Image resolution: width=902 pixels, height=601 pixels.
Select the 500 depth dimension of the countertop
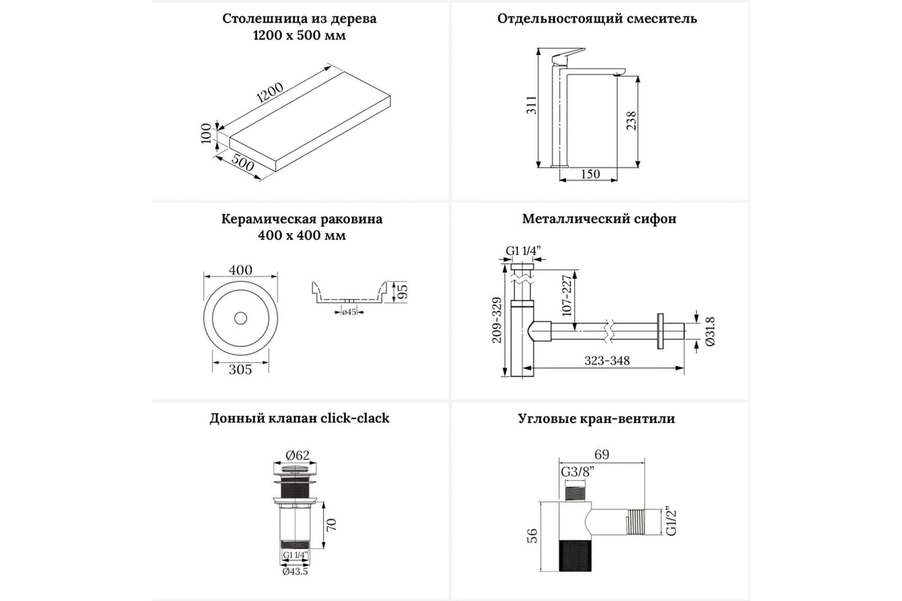(241, 163)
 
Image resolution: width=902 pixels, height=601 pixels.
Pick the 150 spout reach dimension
(591, 174)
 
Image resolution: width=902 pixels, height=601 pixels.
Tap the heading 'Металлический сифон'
(599, 219)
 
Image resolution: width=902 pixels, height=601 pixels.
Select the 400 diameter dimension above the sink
(240, 270)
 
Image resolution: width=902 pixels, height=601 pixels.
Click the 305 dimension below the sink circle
(240, 369)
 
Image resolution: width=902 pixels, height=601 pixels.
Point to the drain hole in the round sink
(241, 318)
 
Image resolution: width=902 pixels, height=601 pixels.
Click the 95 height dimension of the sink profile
(401, 291)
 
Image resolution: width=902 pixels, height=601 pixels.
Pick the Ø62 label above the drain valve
(298, 454)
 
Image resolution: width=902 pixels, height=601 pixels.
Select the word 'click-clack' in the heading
(356, 418)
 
